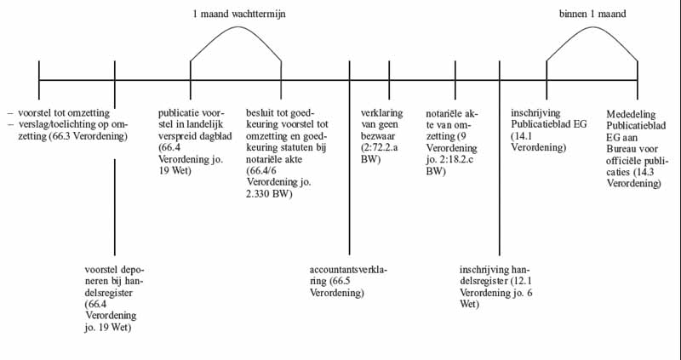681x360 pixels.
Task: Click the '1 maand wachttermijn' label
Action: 236,14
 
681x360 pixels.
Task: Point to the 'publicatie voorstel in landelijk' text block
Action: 189,140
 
